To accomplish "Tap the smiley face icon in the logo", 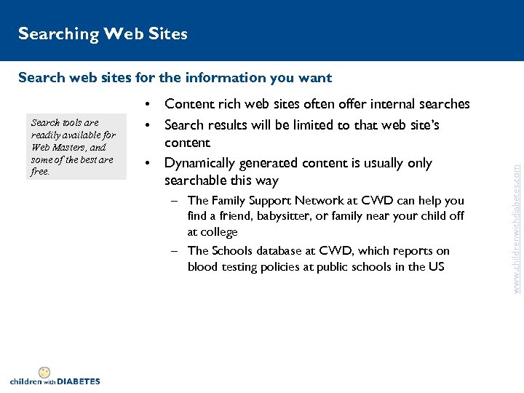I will click(44, 372).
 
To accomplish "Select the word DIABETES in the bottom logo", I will click(78, 381).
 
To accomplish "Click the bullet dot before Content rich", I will click(148, 105).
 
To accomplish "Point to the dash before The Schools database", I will click(175, 250).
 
